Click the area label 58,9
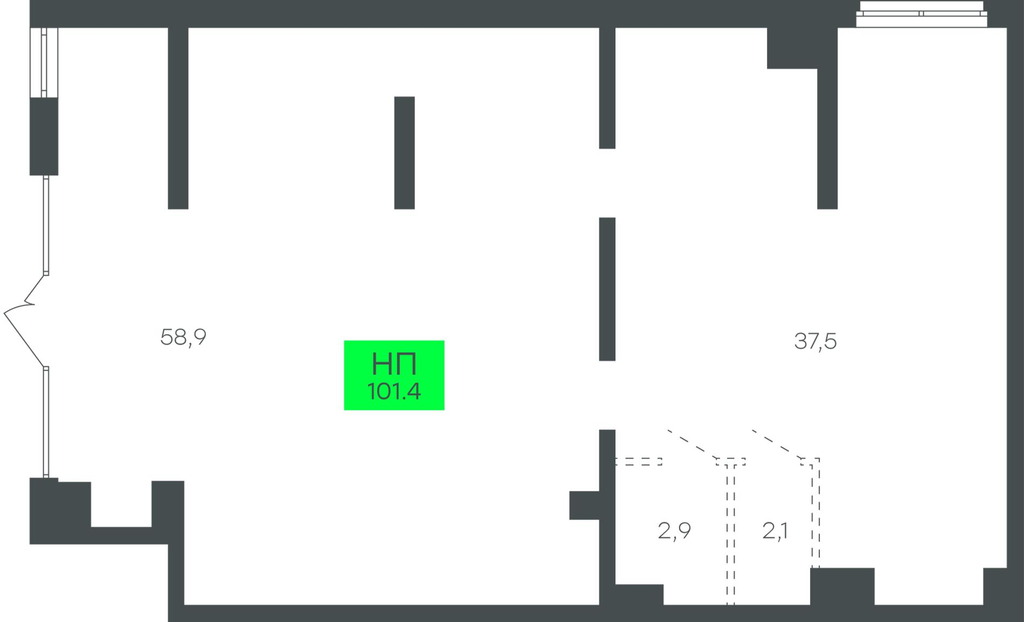[183, 338]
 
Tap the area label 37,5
[815, 341]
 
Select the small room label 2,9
[674, 531]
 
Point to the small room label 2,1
[775, 531]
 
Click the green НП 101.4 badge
[394, 375]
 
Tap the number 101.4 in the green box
[394, 392]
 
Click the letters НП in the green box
[394, 364]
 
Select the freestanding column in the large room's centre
[404, 153]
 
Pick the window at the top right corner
[922, 14]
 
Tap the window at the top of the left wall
[44, 62]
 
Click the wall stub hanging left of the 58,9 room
[178, 118]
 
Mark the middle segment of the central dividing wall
[607, 289]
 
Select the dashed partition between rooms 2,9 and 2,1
[731, 534]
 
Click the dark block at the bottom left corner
[59, 511]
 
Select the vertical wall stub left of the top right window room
[827, 138]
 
